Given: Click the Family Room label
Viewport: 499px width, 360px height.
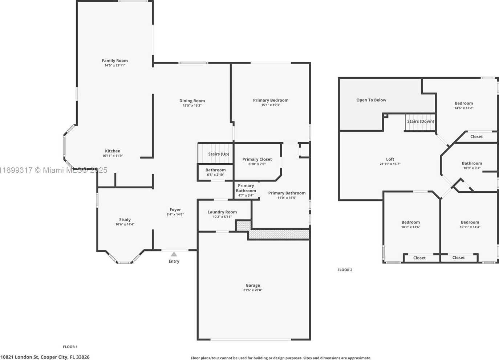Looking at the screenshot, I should pos(115,61).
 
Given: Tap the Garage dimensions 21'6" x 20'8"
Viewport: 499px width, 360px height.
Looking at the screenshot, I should pos(253,290).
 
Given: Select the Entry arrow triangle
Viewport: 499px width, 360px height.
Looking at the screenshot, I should pos(174,254).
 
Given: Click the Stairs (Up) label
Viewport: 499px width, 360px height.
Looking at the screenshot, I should pos(219,154).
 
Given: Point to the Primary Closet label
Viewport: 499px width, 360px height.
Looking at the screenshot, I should pos(257,159).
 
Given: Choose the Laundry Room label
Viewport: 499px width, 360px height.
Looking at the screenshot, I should pos(222,212).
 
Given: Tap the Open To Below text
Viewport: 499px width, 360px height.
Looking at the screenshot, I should pos(371,100).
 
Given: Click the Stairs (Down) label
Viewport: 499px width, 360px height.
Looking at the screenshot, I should pos(421,122).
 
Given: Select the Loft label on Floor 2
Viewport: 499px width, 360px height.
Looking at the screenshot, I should pos(390,159).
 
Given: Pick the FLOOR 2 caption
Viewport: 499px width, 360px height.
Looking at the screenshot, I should pos(345,270).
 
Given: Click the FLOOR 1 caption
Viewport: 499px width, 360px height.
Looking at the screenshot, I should pos(70,347).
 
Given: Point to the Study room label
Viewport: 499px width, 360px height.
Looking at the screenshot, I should pos(125,220).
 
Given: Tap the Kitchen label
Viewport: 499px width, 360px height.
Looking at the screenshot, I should pos(113,151).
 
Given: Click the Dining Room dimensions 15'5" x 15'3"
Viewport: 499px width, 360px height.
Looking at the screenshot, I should pos(192,106).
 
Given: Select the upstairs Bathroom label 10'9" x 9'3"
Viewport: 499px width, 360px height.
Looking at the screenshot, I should pos(472,163).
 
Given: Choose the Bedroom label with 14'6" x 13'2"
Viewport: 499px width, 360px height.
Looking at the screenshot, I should pos(464,103).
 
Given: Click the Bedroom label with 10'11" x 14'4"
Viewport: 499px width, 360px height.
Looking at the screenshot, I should pos(470,222).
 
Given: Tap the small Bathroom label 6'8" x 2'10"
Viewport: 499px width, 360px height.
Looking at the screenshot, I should pos(215,170).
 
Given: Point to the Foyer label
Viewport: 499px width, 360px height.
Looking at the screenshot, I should pos(175,210).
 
